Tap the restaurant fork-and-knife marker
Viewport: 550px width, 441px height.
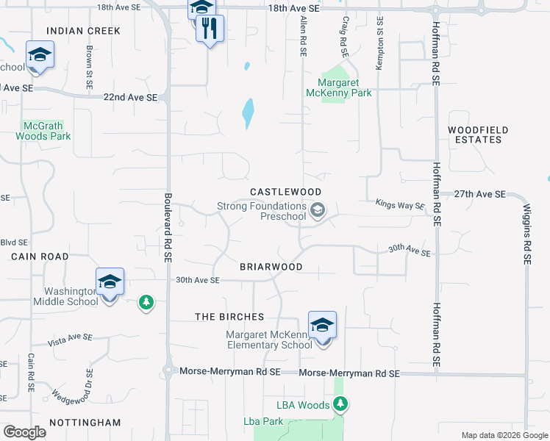pyautogui.click(x=210, y=29)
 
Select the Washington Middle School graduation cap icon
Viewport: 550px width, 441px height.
pyautogui.click(x=110, y=282)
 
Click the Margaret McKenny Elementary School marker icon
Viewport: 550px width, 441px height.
pyautogui.click(x=322, y=325)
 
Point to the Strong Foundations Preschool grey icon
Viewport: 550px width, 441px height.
pyautogui.click(x=318, y=212)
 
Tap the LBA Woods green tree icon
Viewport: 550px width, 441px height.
pyautogui.click(x=340, y=403)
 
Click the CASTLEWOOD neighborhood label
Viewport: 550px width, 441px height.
pyautogui.click(x=286, y=191)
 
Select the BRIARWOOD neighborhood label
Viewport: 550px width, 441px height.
pyautogui.click(x=271, y=267)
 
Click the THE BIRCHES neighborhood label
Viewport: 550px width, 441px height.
pyautogui.click(x=229, y=317)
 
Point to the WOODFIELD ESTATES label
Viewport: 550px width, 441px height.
pyautogui.click(x=478, y=135)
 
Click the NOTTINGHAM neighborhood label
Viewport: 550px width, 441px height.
pyautogui.click(x=85, y=423)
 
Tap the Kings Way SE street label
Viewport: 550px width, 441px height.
pyautogui.click(x=400, y=206)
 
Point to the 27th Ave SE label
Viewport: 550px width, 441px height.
pyautogui.click(x=479, y=194)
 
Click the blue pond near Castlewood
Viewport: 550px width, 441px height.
pyautogui.click(x=248, y=112)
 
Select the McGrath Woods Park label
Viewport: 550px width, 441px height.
pyautogui.click(x=43, y=131)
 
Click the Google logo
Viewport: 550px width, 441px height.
pyautogui.click(x=25, y=432)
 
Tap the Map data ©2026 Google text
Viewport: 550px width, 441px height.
pyautogui.click(x=504, y=435)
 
